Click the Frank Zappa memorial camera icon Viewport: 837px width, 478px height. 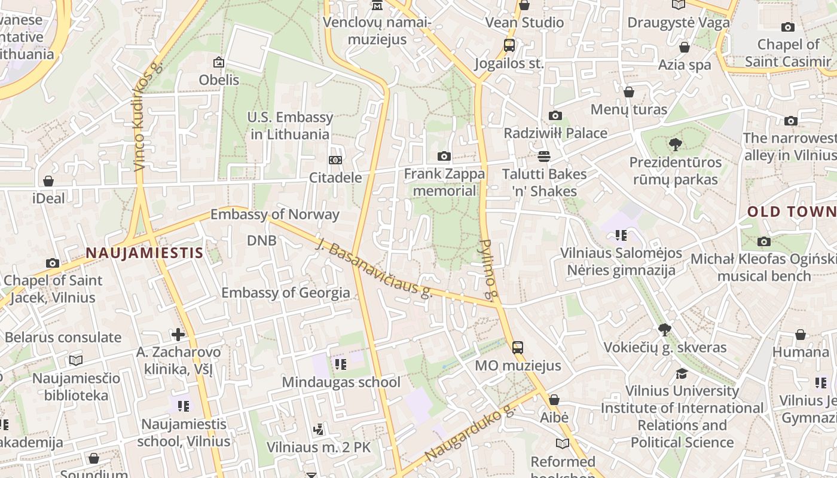coord(444,157)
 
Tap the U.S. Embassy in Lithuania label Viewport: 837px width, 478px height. coord(290,125)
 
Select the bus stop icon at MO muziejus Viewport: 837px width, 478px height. coord(518,347)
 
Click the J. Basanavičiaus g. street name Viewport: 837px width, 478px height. coord(374,269)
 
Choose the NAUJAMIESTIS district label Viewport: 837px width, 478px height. coord(145,253)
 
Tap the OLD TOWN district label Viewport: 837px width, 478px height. coord(792,212)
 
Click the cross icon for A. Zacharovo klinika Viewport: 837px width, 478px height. coord(178,335)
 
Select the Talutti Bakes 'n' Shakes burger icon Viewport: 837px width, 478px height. coord(543,157)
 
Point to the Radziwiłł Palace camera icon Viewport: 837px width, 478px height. coord(555,116)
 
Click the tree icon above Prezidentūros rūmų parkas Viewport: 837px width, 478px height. coord(676,144)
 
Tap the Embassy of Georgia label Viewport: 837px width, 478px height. coord(286,293)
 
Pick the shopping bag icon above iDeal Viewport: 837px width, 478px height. coord(48,180)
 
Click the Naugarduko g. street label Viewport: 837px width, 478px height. coord(470,434)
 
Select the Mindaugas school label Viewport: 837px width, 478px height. coord(341,382)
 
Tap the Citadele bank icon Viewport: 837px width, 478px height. coord(335,160)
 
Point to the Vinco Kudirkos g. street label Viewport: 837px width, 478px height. coord(147,117)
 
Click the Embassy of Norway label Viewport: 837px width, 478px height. coord(275,215)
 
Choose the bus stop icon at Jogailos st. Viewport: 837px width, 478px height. coord(509,45)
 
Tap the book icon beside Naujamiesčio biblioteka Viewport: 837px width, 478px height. coord(76,360)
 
